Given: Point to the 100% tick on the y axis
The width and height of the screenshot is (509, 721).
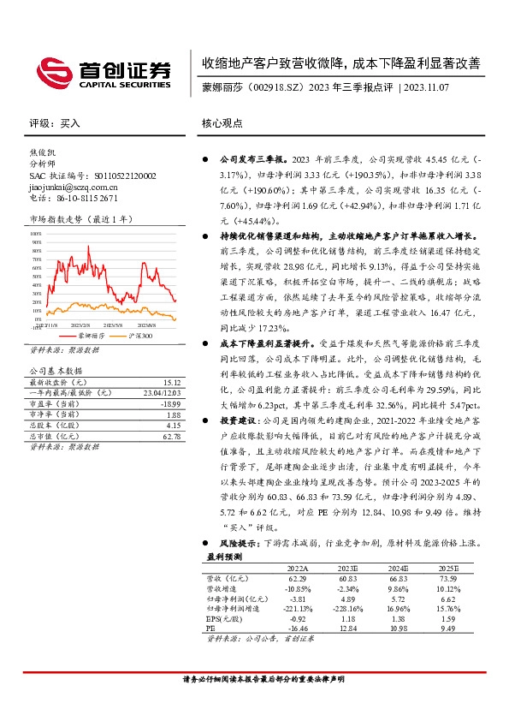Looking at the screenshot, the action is pyautogui.click(x=35, y=231).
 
